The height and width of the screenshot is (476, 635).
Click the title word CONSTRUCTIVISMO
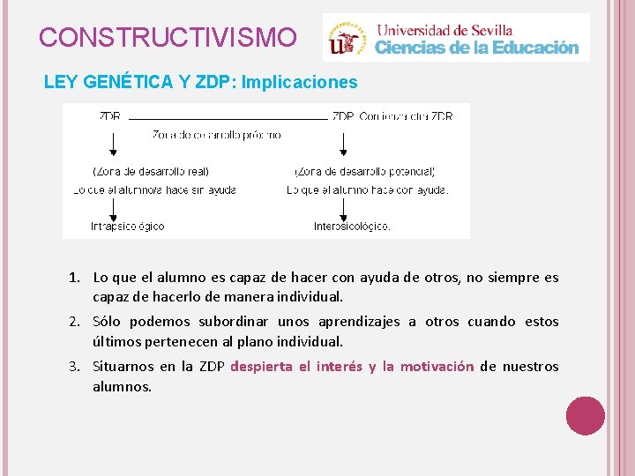pyautogui.click(x=168, y=38)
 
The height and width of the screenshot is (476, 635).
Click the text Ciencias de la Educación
pyautogui.click(x=477, y=48)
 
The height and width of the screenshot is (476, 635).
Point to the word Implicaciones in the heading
pyautogui.click(x=299, y=83)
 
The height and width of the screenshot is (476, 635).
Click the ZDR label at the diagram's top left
pyautogui.click(x=110, y=115)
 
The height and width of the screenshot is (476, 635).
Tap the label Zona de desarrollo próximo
pyautogui.click(x=217, y=135)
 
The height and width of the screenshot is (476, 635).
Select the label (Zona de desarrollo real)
pyautogui.click(x=151, y=171)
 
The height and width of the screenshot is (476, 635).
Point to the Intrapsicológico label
pyautogui.click(x=127, y=227)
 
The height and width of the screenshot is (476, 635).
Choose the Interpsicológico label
pyautogui.click(x=351, y=227)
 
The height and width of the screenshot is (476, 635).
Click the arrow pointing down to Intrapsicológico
pyautogui.click(x=113, y=208)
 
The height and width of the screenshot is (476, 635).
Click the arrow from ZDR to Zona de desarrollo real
pyautogui.click(x=113, y=143)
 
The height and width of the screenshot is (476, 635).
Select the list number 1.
pyautogui.click(x=76, y=278)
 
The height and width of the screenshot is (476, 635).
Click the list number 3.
pyautogui.click(x=76, y=367)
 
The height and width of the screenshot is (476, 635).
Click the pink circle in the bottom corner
pyautogui.click(x=585, y=415)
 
